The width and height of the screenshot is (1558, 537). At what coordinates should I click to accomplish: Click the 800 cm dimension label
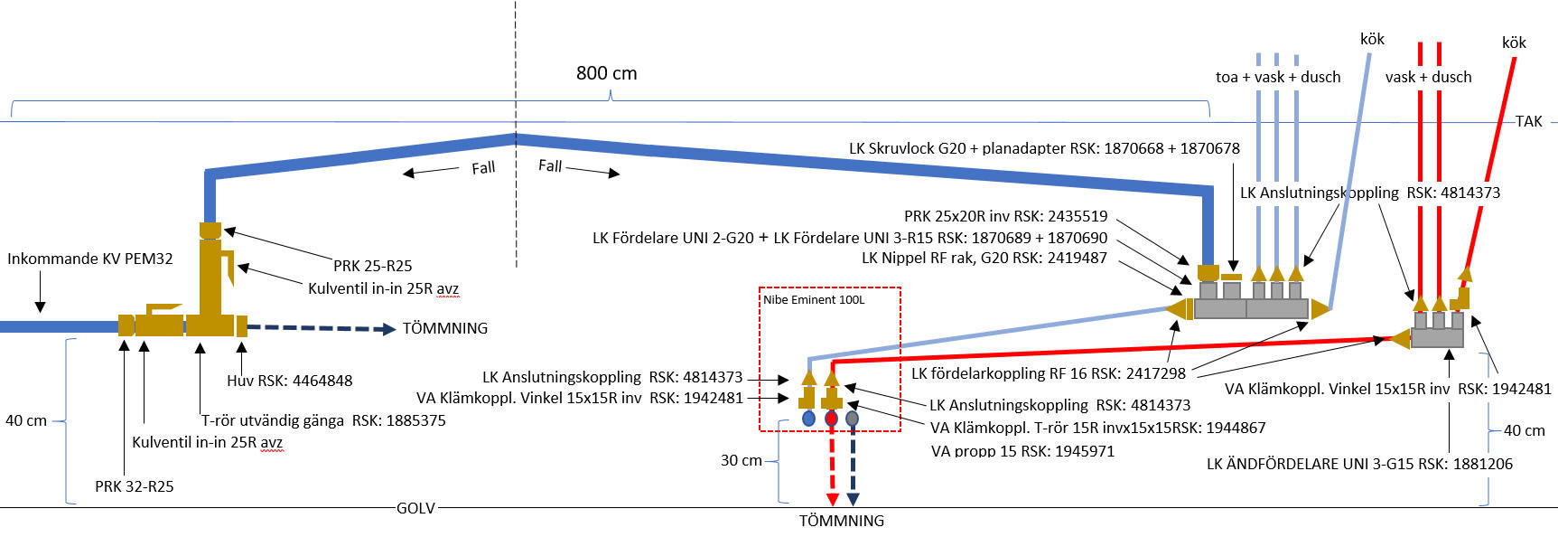606,73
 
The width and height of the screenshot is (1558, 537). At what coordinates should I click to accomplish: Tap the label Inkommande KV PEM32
89,259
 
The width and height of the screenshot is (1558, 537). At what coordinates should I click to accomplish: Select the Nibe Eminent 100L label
813,300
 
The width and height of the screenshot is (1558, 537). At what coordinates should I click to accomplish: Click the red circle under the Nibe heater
832,419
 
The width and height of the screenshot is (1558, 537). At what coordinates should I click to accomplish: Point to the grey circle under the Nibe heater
852,419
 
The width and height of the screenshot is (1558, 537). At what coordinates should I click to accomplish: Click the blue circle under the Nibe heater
808,419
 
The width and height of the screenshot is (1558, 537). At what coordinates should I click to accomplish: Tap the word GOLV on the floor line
415,508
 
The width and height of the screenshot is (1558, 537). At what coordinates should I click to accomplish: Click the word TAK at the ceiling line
1528,121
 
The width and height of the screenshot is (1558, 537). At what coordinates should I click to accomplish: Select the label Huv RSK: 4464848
289,381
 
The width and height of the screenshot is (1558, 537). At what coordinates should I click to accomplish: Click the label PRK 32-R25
134,486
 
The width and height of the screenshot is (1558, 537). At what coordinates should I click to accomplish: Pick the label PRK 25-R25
372,266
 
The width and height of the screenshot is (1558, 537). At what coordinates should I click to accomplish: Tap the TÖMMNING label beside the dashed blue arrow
444,328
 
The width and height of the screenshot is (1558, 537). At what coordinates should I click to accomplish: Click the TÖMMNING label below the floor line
841,521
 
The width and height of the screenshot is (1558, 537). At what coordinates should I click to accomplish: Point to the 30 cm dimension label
741,460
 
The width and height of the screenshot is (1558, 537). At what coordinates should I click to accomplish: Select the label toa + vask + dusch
1277,77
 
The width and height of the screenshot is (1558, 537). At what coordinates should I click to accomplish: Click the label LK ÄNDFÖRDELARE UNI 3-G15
1359,464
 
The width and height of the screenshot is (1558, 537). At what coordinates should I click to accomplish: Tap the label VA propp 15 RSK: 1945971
1022,450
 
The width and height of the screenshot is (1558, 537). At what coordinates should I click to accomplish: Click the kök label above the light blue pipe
1372,39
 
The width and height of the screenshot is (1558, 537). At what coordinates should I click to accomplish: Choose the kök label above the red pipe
1514,42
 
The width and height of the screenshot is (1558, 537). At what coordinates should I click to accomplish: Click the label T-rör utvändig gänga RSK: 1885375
322,420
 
